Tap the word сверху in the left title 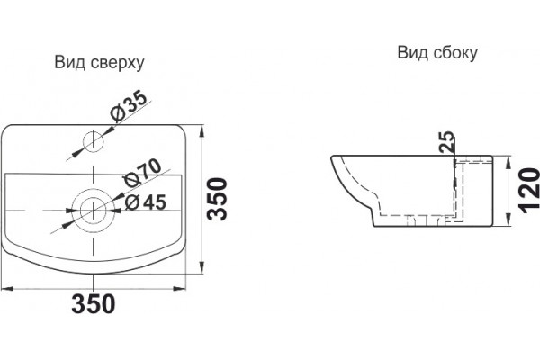(x=118, y=65)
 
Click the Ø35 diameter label (x=129, y=106)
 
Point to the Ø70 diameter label (x=142, y=173)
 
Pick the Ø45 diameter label (x=146, y=202)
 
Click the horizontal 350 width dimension (x=94, y=303)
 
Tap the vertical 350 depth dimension (x=217, y=199)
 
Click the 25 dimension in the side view (x=447, y=142)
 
